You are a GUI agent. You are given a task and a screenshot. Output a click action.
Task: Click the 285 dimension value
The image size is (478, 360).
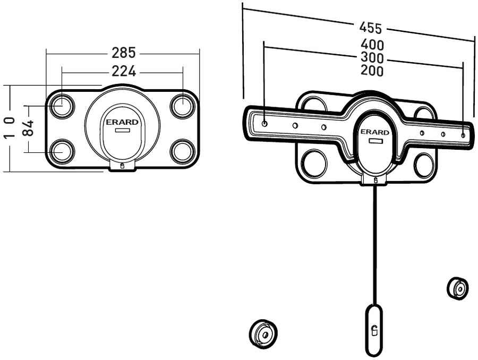[123, 53]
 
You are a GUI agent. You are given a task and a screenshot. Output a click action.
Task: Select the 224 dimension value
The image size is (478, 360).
[123, 71]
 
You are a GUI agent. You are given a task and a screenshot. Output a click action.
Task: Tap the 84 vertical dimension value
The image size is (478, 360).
[29, 127]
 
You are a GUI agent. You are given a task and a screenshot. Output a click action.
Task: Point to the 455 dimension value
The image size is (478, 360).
[371, 27]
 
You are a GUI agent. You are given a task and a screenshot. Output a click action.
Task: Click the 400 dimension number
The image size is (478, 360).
[372, 45]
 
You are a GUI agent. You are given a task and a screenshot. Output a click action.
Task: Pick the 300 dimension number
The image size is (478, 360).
[372, 57]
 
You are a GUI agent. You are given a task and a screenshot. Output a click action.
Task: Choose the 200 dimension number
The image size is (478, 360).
[372, 71]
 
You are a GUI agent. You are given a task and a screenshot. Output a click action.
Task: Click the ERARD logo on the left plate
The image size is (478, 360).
[123, 122]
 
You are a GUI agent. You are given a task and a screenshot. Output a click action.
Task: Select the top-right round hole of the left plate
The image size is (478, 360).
[183, 105]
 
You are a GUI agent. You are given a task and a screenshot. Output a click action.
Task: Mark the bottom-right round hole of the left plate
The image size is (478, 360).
[183, 150]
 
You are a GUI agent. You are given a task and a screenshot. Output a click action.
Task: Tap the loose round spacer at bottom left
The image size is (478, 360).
[263, 333]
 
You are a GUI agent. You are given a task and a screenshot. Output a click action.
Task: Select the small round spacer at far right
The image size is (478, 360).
[458, 288]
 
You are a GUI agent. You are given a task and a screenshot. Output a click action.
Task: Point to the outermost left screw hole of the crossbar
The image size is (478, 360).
[265, 122]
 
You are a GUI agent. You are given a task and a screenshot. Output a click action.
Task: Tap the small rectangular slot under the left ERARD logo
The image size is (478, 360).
[123, 130]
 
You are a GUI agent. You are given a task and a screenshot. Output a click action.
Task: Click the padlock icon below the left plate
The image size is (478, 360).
[123, 166]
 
